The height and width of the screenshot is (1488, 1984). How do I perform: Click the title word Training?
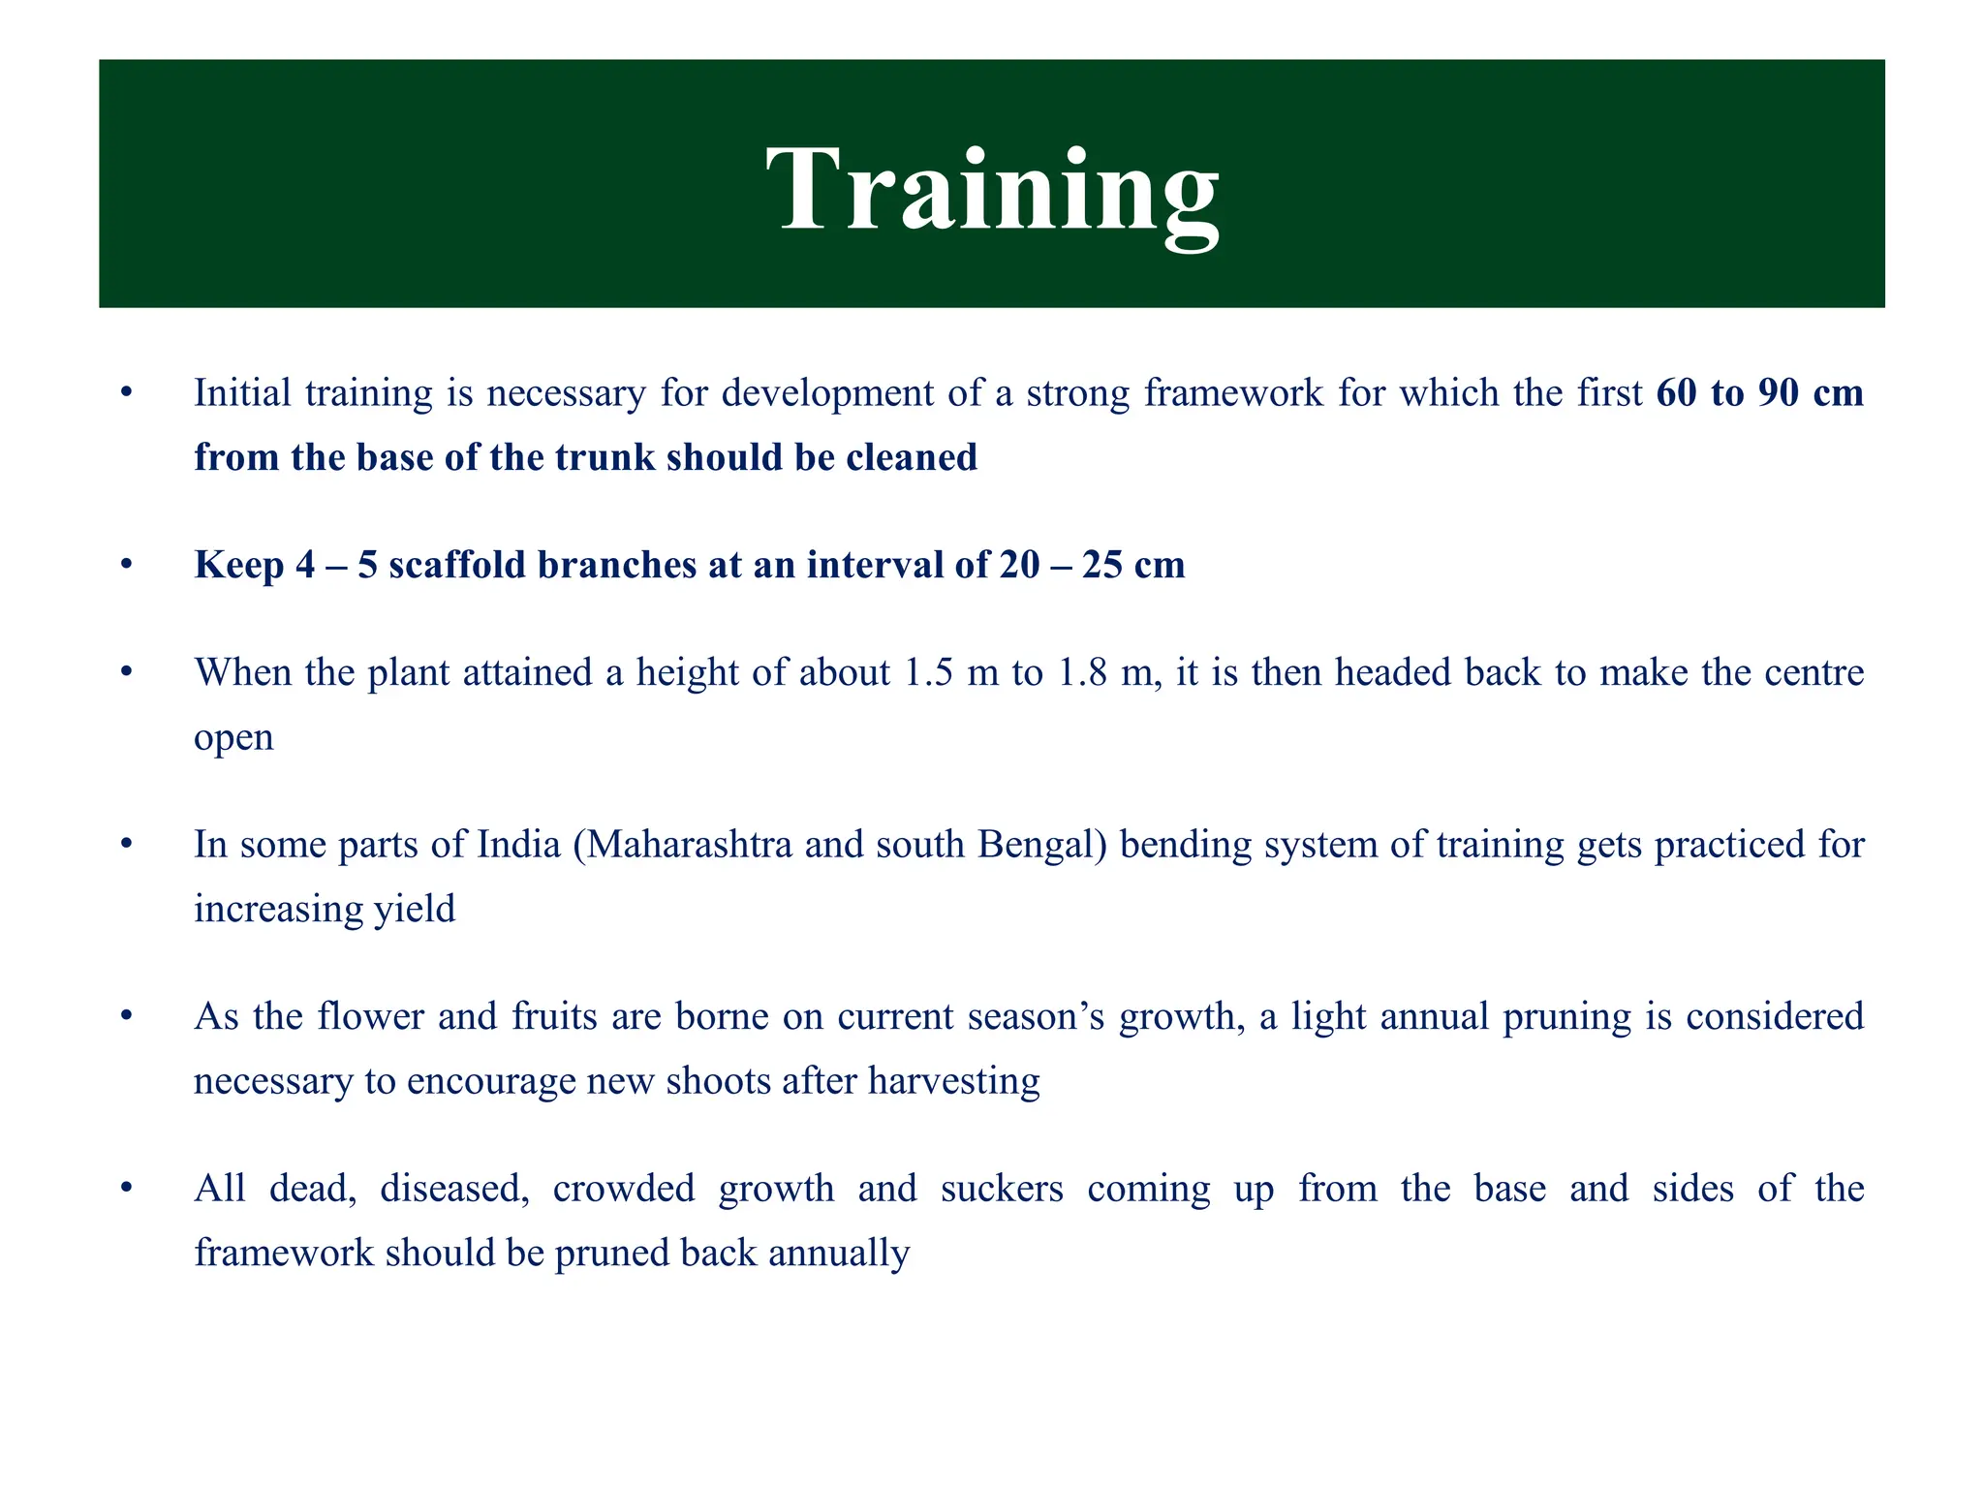pos(992,190)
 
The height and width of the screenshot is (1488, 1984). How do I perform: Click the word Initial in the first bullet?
pos(242,393)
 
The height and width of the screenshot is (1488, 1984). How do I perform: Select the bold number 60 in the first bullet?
pos(1677,393)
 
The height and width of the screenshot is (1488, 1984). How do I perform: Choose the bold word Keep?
pos(238,566)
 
